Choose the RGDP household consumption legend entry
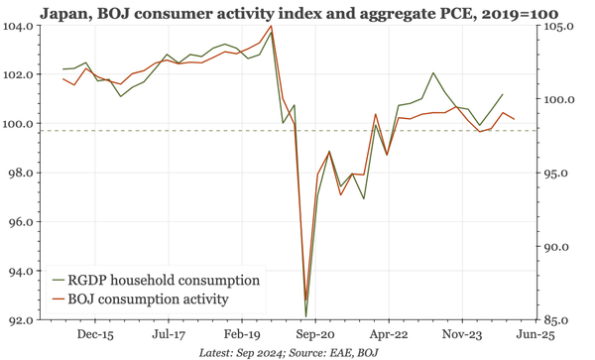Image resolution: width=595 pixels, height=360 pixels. pyautogui.click(x=164, y=280)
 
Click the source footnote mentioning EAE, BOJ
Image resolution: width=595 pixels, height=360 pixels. pyautogui.click(x=290, y=352)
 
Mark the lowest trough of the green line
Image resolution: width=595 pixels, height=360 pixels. pyautogui.click(x=305, y=317)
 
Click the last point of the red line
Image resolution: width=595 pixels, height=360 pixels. pyautogui.click(x=514, y=119)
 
